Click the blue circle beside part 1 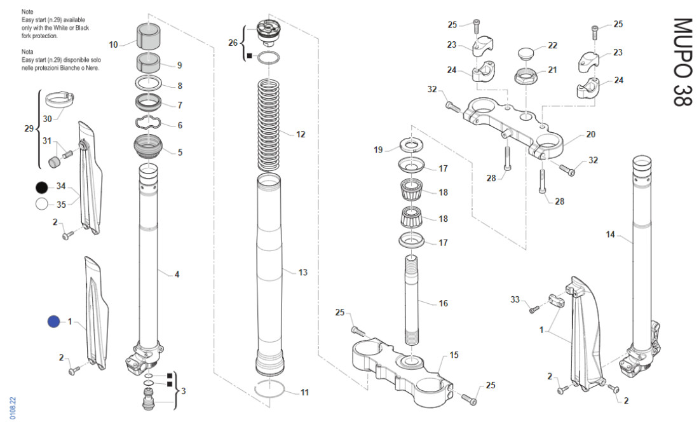(x=53, y=322)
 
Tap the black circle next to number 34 (x=42, y=187)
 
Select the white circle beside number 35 (x=42, y=204)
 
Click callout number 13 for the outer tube (x=303, y=272)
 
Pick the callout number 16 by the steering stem (x=443, y=303)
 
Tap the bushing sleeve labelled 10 (x=147, y=37)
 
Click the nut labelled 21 (x=526, y=78)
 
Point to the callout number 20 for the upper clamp (x=590, y=134)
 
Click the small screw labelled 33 (x=534, y=310)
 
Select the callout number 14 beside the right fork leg (x=610, y=235)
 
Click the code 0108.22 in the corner (x=13, y=407)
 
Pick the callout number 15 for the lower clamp (x=454, y=354)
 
